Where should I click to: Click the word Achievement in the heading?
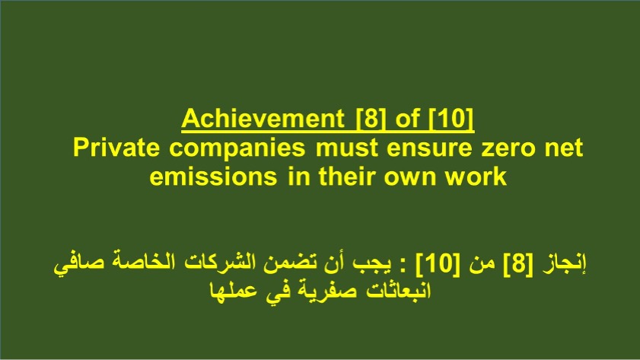point(263,119)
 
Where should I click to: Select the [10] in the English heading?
point(451,119)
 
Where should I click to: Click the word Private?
point(116,148)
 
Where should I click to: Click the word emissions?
point(213,177)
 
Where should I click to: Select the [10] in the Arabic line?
point(438,263)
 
